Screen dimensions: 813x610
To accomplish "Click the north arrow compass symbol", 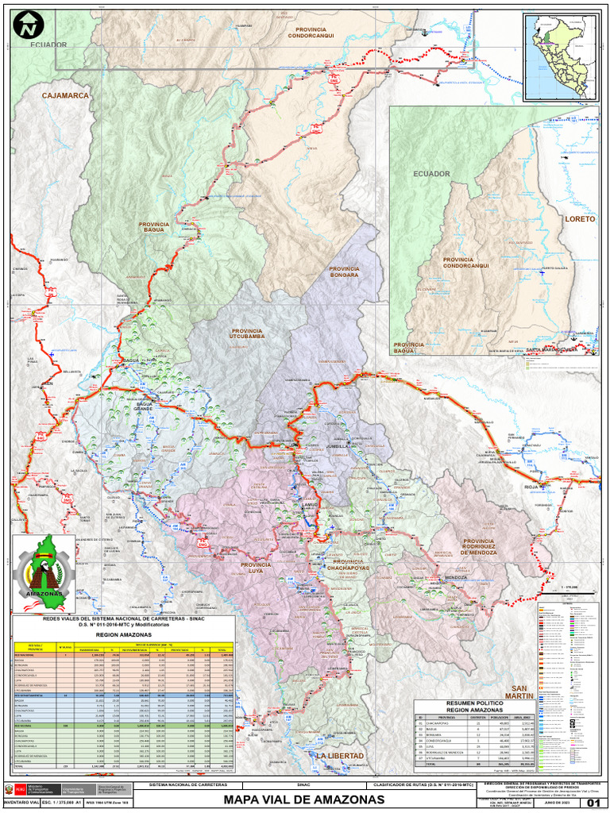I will [x=29, y=25].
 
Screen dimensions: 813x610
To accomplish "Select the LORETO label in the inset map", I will [x=579, y=218].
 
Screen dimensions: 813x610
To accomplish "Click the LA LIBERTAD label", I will [x=340, y=755].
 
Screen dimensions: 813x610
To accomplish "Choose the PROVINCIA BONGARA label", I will [x=344, y=272].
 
